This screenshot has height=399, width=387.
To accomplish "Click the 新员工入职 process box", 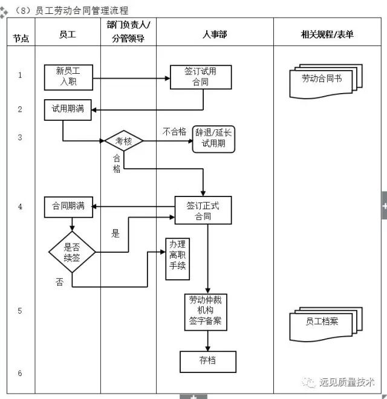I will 68,77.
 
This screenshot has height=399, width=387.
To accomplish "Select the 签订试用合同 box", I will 200,77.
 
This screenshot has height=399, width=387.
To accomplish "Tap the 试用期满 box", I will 68,110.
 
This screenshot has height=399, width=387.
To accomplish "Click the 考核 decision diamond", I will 123,141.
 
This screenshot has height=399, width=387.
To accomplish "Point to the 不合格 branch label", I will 174,131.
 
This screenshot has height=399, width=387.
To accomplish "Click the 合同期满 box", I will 68,207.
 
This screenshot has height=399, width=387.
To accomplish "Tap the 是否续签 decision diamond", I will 73,251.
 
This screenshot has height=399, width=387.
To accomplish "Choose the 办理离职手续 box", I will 177,259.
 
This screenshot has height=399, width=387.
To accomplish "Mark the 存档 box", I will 207,361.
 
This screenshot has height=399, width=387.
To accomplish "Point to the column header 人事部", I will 215,34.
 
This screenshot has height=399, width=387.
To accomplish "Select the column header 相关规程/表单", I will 327,34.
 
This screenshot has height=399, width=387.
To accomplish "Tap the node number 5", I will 20,311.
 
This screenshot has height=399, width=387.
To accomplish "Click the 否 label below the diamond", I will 59,282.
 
